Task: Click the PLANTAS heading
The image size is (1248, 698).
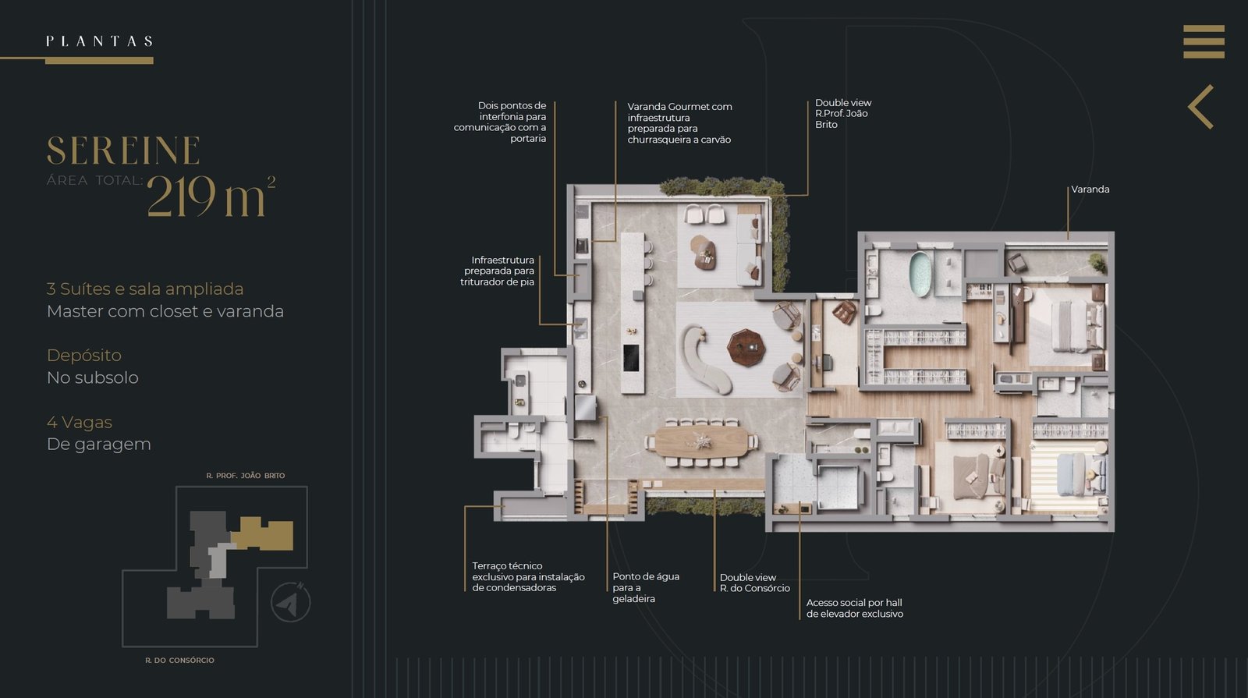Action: [x=99, y=41]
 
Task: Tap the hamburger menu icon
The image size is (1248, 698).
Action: [x=1204, y=41]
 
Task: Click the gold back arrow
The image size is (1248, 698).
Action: [x=1200, y=107]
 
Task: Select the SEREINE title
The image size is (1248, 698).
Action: [x=123, y=151]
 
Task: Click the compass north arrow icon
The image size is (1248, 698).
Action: [x=290, y=602]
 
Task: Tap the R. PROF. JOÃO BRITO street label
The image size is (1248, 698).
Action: [x=246, y=476]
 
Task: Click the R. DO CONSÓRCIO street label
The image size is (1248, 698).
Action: [x=179, y=660]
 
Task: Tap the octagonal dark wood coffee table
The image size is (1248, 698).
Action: [x=746, y=348]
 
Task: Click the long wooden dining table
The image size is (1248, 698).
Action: [x=701, y=441]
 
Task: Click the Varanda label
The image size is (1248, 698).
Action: [x=1090, y=190]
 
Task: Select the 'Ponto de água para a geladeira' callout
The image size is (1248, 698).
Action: [x=646, y=588]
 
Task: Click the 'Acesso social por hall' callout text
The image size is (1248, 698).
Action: [x=854, y=603]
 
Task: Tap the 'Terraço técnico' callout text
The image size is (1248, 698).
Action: [x=507, y=566]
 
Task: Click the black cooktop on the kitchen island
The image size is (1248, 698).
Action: [x=631, y=358]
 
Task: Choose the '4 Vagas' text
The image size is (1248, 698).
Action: [x=79, y=422]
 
